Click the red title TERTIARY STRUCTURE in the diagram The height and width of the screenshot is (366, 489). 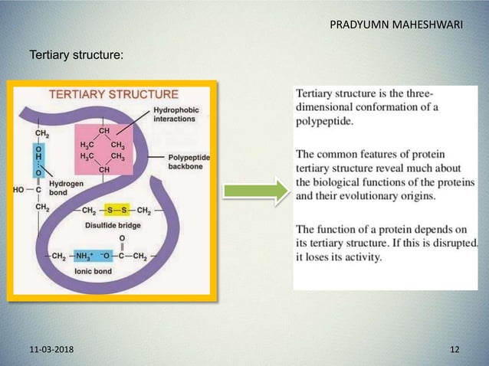pos(114,95)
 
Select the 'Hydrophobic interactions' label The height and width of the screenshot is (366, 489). pos(176,115)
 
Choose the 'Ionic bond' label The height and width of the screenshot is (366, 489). pos(91,270)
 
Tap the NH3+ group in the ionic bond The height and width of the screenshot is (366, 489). pos(84,255)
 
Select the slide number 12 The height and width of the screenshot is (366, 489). pos(455,349)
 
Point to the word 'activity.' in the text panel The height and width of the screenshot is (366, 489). pos(357,257)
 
